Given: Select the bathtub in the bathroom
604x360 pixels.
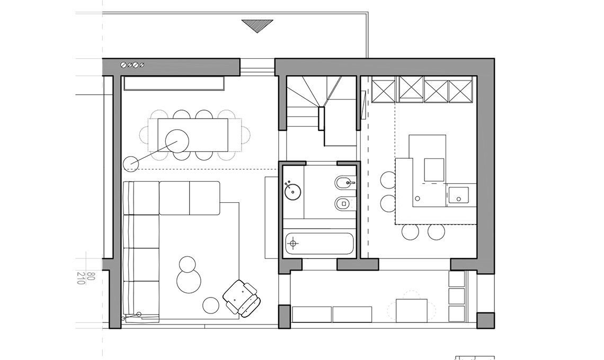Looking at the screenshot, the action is tap(319, 244).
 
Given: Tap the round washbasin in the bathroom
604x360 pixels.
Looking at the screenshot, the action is tap(293, 191).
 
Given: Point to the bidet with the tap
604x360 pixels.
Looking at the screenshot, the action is tap(345, 183).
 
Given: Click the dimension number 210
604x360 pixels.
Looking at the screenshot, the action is tap(81, 278).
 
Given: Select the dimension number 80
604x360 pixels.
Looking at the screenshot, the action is tap(91, 276).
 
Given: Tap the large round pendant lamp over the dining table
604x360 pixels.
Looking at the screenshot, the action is tap(177, 141).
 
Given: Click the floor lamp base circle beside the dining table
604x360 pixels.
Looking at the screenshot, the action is tap(131, 164).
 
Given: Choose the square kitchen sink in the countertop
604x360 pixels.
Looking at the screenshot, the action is tap(458, 196).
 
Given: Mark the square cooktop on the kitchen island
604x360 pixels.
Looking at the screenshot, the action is tap(434, 169).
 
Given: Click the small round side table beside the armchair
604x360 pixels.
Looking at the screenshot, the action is tap(211, 305).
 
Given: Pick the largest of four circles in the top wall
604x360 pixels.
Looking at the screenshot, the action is tap(124, 65).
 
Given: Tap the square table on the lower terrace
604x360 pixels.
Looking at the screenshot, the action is tap(411, 310).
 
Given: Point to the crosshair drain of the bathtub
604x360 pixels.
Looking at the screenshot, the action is tap(294, 244).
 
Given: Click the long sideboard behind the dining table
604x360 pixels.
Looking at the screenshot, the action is tap(174, 83).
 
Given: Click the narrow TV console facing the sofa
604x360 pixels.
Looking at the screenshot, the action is tap(271, 218).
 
